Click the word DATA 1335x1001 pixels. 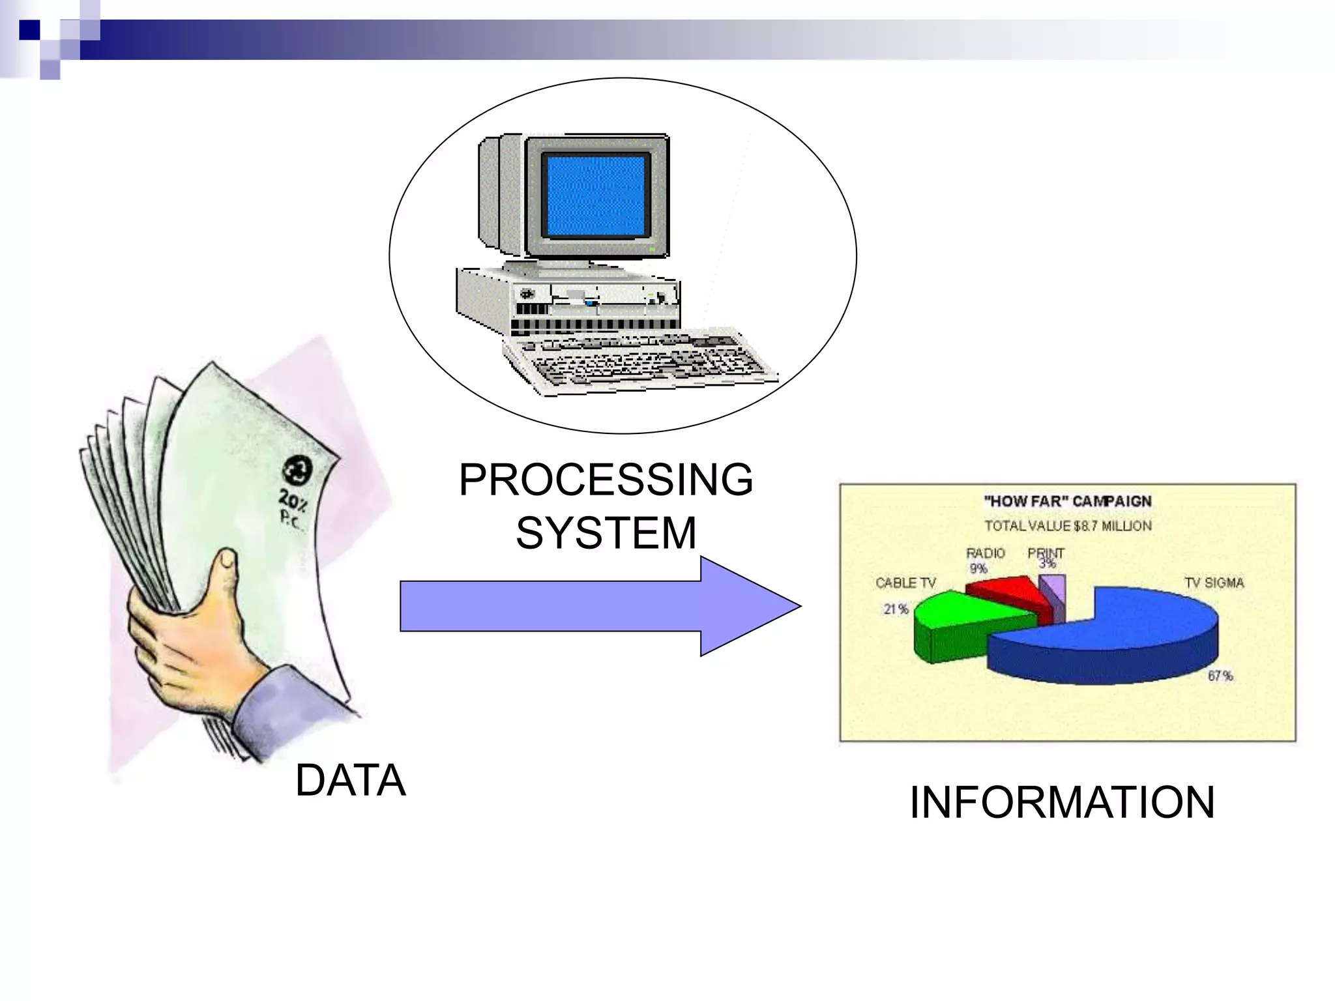pos(350,780)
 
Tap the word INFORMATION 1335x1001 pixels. pos(1061,802)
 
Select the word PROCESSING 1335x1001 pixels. pos(606,480)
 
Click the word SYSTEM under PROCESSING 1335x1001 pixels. pos(606,532)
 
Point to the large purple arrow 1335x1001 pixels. pos(587,606)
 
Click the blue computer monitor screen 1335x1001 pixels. pos(596,196)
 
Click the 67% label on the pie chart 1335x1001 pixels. pos(1220,676)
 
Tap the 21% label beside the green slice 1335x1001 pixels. pos(896,609)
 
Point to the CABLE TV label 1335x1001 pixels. pos(905,583)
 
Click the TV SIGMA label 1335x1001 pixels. pos(1214,583)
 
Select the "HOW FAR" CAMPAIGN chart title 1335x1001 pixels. pos(1067,501)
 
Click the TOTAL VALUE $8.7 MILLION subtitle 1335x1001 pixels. pos(1067,526)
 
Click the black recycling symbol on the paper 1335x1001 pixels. pos(297,471)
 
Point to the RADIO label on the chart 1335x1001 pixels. pos(985,553)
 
